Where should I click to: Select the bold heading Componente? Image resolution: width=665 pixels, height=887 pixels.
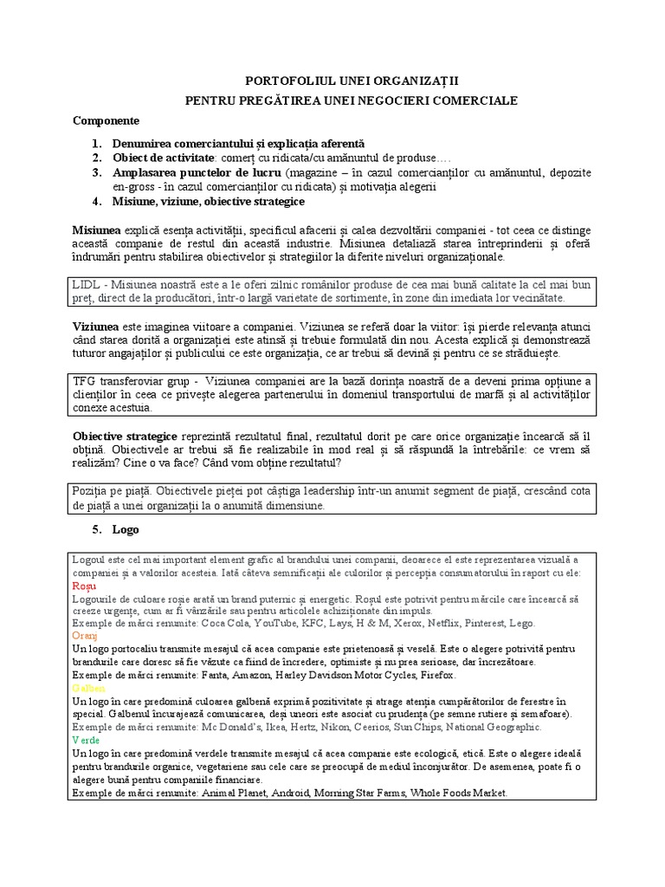[x=106, y=120]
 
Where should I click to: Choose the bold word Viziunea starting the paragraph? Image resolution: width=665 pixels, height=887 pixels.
[x=96, y=327]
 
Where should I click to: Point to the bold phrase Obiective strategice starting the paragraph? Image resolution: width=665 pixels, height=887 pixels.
[x=126, y=437]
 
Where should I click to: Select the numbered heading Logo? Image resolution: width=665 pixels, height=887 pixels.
[x=126, y=529]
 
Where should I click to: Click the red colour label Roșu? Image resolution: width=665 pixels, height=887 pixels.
[x=85, y=586]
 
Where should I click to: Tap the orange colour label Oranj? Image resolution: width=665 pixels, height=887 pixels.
[x=86, y=635]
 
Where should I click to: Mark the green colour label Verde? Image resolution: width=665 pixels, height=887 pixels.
[x=87, y=741]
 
